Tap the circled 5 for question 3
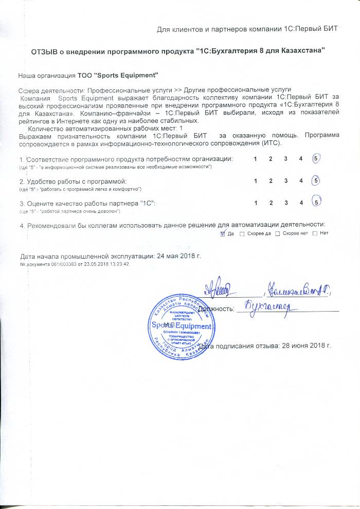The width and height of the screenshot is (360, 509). click(317, 202)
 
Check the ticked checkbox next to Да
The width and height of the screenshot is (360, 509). click(222, 234)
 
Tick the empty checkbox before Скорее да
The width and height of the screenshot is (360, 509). click(242, 234)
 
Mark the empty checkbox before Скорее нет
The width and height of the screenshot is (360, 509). click(278, 234)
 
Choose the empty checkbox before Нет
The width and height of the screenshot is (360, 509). click(314, 234)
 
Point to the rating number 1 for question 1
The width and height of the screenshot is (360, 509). click(256, 159)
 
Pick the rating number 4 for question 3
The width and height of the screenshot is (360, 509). click(300, 203)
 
